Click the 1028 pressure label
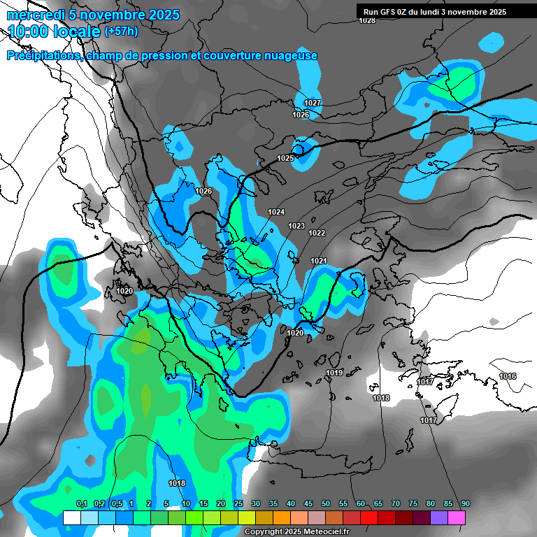[x=366, y=20]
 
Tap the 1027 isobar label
[x=313, y=103]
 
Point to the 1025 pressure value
[x=285, y=158]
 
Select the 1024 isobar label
[x=276, y=212]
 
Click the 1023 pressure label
[x=296, y=226]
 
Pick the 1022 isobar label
[x=317, y=233]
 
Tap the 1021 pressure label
[x=319, y=261]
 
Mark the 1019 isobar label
[x=334, y=373]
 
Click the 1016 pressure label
[x=508, y=377]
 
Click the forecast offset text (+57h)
[x=121, y=31]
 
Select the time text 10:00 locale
[x=53, y=31]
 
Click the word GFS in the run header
[x=389, y=12]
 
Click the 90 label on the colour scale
[x=465, y=503]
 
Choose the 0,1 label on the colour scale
[x=81, y=503]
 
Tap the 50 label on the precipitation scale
[x=325, y=503]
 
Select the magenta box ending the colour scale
[x=457, y=517]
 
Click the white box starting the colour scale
[x=72, y=517]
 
